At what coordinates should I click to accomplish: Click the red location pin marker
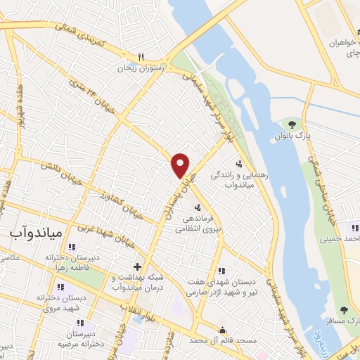click(x=181, y=165)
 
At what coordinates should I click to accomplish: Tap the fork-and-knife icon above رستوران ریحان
click(x=141, y=58)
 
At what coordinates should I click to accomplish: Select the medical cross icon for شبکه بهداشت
click(x=137, y=266)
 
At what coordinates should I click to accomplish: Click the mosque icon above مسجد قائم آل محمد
click(x=222, y=330)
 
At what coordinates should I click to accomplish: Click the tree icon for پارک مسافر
click(x=344, y=310)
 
